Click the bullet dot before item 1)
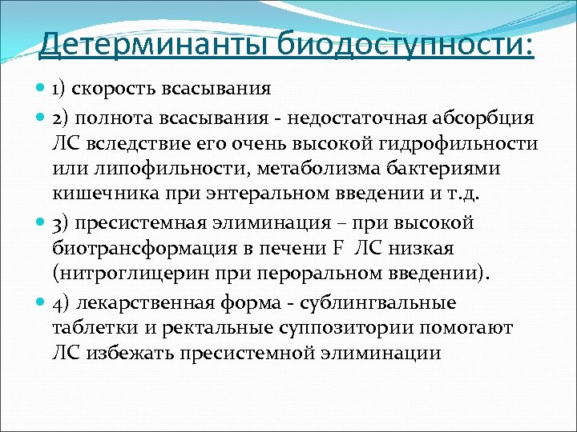pos(42,88)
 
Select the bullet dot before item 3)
pos(42,222)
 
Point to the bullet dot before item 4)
pos(42,303)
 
